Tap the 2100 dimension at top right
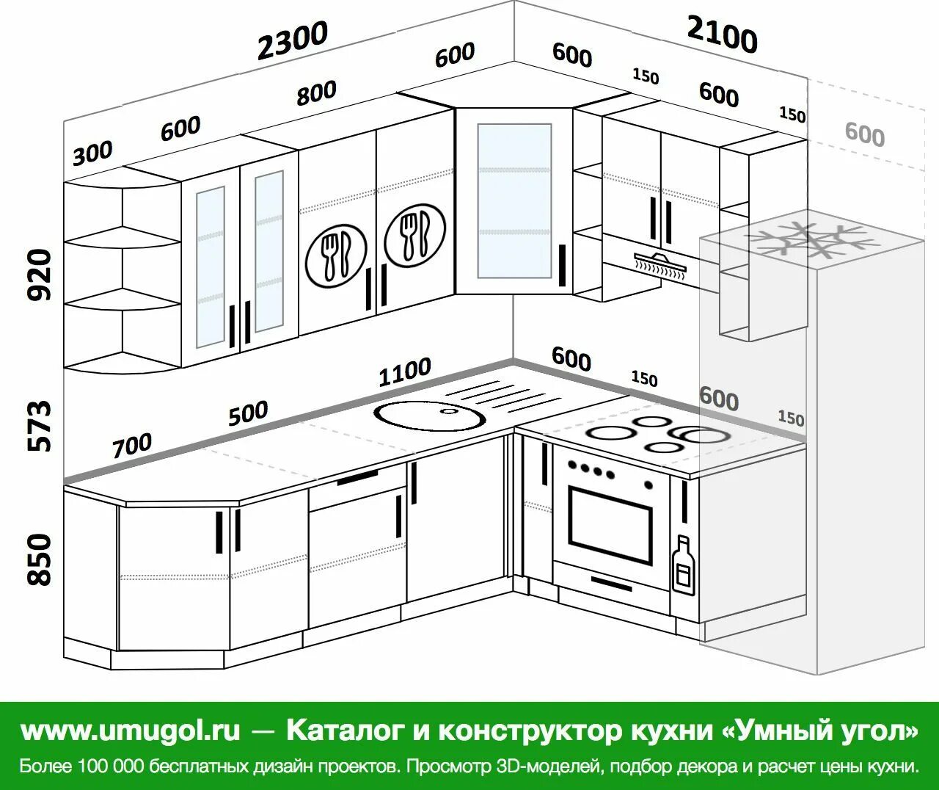pos(722,34)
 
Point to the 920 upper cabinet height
pos(40,275)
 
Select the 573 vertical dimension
pos(40,425)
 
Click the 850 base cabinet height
pos(40,559)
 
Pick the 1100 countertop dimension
pos(404,372)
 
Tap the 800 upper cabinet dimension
pos(316,93)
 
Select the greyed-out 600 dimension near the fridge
pos(864,134)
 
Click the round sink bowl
pos(431,416)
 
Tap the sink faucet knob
pos(447,410)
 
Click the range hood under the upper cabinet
pos(660,262)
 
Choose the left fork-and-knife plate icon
pos(336,253)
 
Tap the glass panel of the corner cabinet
pos(514,200)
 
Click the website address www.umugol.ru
pos(131,731)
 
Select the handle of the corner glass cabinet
pos(562,265)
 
